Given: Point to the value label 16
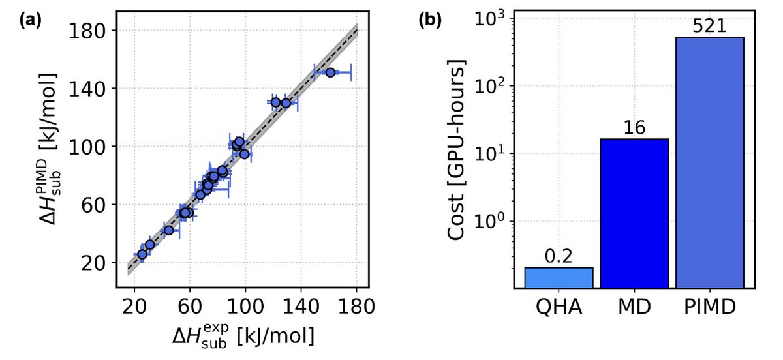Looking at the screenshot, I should [x=634, y=128].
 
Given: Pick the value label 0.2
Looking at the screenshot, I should [x=559, y=257].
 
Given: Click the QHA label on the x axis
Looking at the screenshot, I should [x=559, y=307].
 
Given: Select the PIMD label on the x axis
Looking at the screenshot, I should [x=710, y=307].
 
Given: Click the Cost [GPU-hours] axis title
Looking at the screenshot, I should [x=461, y=149].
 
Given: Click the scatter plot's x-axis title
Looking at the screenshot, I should [x=243, y=337].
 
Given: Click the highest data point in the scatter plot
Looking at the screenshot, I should [x=330, y=72].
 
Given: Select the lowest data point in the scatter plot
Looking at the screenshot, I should [x=142, y=254].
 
